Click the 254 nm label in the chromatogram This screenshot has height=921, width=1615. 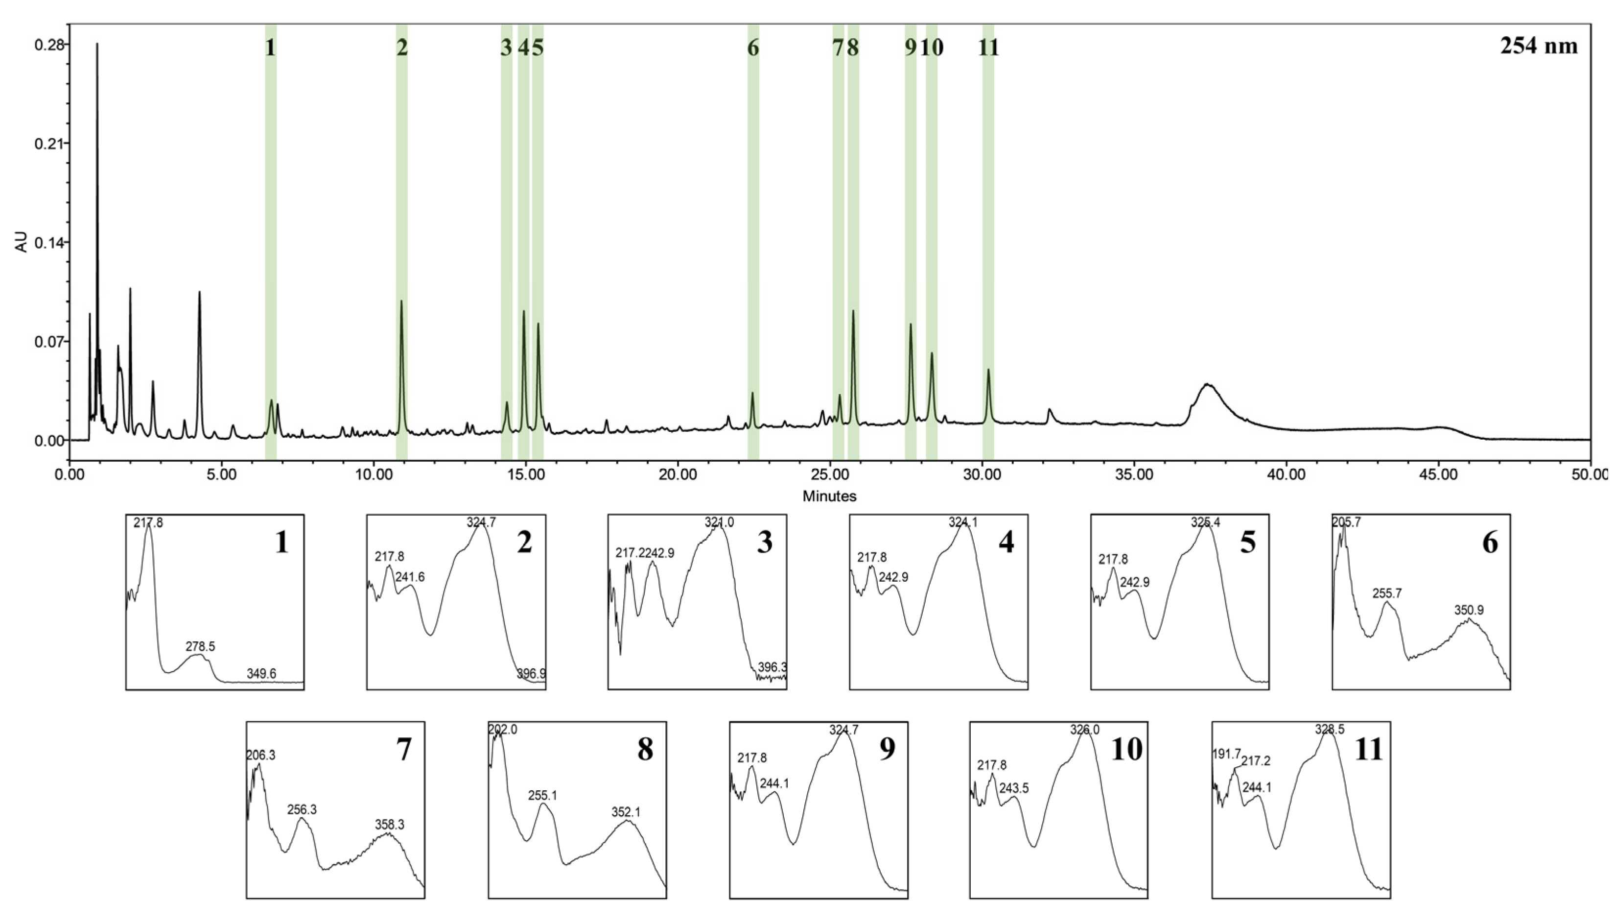coord(1539,46)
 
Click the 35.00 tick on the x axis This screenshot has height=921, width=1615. coord(1134,474)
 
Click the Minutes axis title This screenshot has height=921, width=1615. coord(829,496)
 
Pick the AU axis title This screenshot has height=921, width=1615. coord(22,242)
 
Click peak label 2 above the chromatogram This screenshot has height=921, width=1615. coord(401,47)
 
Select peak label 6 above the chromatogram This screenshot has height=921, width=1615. coord(752,47)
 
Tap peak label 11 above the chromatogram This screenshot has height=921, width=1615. coord(988,47)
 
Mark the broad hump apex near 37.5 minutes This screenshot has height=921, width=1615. coord(1207,384)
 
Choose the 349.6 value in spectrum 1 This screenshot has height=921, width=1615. coord(261,674)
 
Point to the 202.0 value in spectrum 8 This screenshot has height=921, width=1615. coord(503,730)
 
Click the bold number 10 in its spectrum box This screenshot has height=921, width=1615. coord(1126,750)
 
